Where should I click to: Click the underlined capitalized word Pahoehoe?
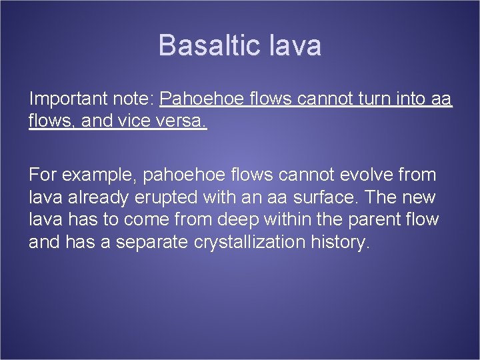coord(202,100)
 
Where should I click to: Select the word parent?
coord(367,220)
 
